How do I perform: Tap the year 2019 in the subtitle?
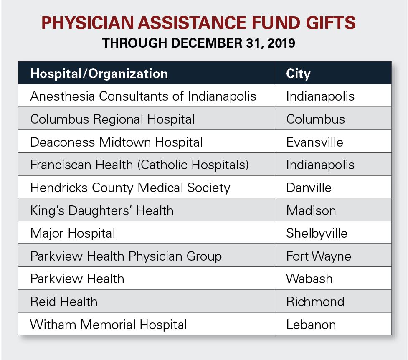tap(281, 43)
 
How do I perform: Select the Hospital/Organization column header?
tap(99, 74)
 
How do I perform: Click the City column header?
tap(298, 74)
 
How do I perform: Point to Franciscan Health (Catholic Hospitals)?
tap(139, 165)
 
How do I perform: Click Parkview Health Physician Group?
tap(126, 256)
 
